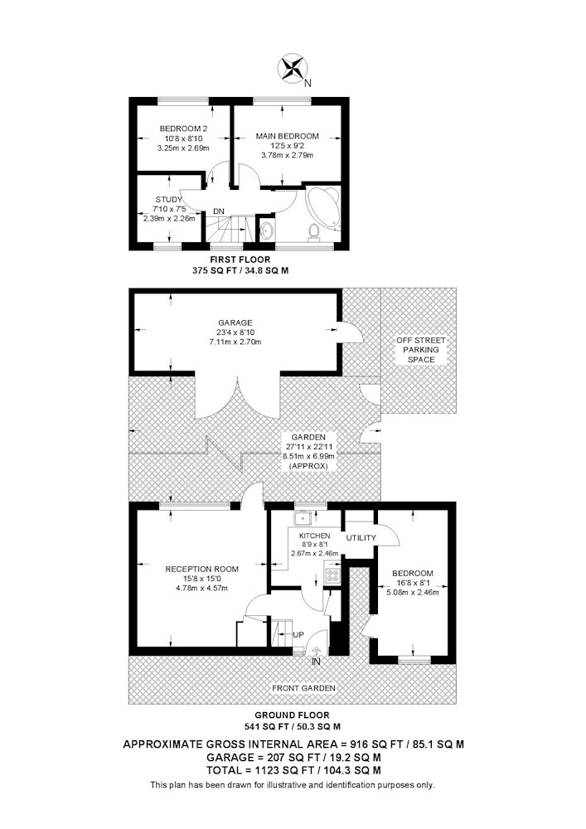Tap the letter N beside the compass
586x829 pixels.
coord(308,83)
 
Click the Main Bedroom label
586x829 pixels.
coord(288,136)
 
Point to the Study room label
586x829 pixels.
coord(168,199)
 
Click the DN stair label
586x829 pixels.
coord(219,211)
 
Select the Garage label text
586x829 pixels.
coord(235,322)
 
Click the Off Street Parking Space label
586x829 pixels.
coord(421,350)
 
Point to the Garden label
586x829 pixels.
coord(308,437)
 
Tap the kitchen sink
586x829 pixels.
coord(303,519)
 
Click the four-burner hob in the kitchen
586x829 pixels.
coord(333,575)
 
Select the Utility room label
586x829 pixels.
coord(361,538)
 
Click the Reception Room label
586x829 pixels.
coord(202,570)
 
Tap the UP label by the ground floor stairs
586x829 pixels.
coord(298,634)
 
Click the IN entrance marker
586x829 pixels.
coord(316,662)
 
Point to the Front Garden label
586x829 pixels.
coord(303,688)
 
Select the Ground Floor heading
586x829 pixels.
coord(293,715)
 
